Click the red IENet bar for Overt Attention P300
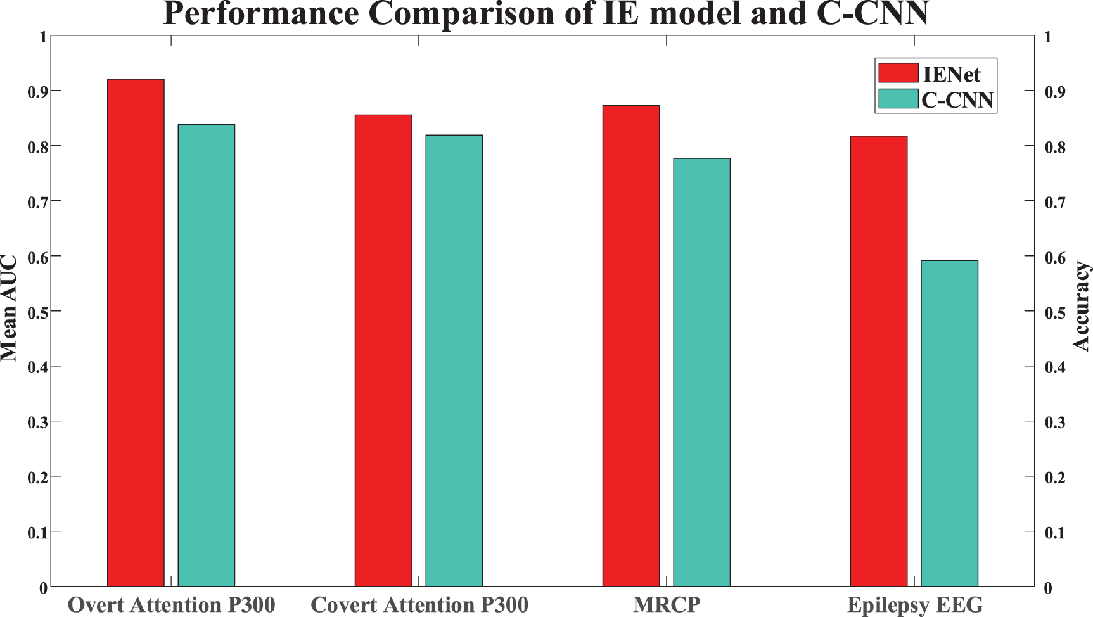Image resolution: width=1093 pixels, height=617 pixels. point(136,333)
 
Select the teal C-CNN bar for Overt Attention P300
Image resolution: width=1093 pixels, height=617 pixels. point(206,355)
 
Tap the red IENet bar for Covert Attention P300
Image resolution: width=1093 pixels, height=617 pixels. point(383,350)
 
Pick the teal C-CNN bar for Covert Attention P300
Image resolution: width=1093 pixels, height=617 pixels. point(454,360)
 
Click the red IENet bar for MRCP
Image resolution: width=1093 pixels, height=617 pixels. point(631,346)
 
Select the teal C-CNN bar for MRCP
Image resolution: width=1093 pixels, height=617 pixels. point(701,372)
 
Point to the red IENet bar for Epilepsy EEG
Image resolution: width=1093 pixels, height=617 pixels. point(879,361)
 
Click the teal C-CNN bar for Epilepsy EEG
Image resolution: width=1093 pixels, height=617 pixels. point(949,423)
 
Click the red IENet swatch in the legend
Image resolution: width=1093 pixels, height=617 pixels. point(898,73)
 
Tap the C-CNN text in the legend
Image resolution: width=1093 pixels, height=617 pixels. point(957,99)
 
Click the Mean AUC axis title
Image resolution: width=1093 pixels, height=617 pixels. point(9,308)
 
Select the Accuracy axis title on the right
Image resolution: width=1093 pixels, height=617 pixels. point(1081,307)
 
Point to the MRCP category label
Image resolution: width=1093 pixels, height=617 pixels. point(667,605)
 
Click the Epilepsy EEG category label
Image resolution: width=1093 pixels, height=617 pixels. point(915,605)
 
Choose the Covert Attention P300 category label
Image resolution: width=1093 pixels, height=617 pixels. point(419,605)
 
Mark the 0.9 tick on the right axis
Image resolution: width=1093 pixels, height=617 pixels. point(1054,92)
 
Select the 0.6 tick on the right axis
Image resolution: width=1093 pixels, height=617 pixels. point(1054,257)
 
